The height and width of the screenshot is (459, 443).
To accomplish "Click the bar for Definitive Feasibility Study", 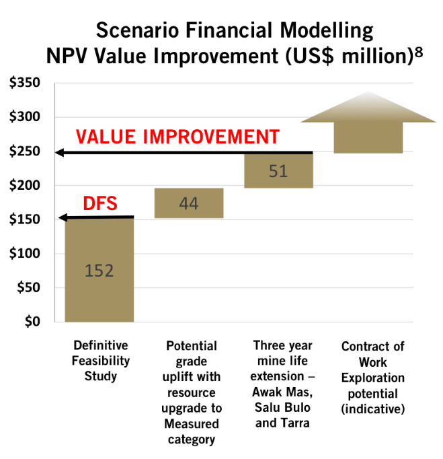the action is pos(99,270).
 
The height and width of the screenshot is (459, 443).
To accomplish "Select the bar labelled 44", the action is pos(189,203).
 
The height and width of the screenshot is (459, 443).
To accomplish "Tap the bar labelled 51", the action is pos(279,171).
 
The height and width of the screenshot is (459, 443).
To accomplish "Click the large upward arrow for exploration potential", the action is pos(368,123).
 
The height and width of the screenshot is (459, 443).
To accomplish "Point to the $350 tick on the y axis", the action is pos(25,83).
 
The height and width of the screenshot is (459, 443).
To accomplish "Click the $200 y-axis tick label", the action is pos(25,185).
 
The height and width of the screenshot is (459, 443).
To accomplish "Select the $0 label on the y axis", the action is pos(32,322).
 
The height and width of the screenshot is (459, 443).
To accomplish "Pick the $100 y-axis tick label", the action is pos(25,254).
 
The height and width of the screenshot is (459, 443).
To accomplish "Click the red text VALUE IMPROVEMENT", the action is pos(177,137).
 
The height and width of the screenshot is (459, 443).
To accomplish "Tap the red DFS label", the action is pos(100,203).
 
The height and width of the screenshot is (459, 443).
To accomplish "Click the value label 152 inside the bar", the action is pos(99,271).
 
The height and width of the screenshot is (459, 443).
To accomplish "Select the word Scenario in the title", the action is pos(137,30).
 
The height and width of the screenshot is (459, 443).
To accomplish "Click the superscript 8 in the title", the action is pos(419,52).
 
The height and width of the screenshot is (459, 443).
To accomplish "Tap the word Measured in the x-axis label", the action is pos(192,423).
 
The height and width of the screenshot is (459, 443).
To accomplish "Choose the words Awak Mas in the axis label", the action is pos(282,392).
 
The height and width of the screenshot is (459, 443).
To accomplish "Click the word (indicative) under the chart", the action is pos(373,409).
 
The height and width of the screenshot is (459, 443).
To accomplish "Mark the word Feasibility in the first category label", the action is pos(101,361).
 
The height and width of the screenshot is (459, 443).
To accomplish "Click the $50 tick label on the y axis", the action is pos(28,287).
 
